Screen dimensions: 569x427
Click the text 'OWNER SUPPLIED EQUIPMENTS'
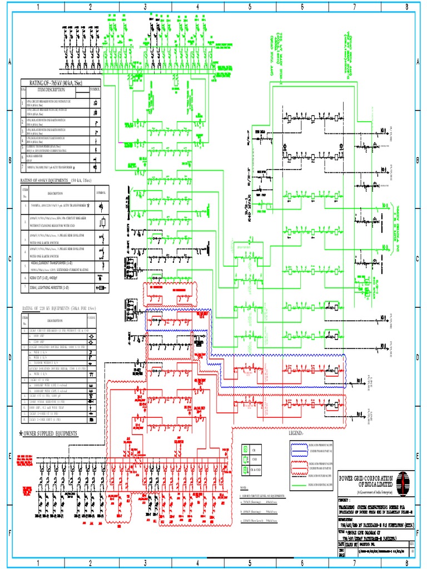tap(50, 433)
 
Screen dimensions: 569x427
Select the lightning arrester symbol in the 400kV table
tap(100, 287)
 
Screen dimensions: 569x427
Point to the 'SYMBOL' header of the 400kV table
tap(101, 192)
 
